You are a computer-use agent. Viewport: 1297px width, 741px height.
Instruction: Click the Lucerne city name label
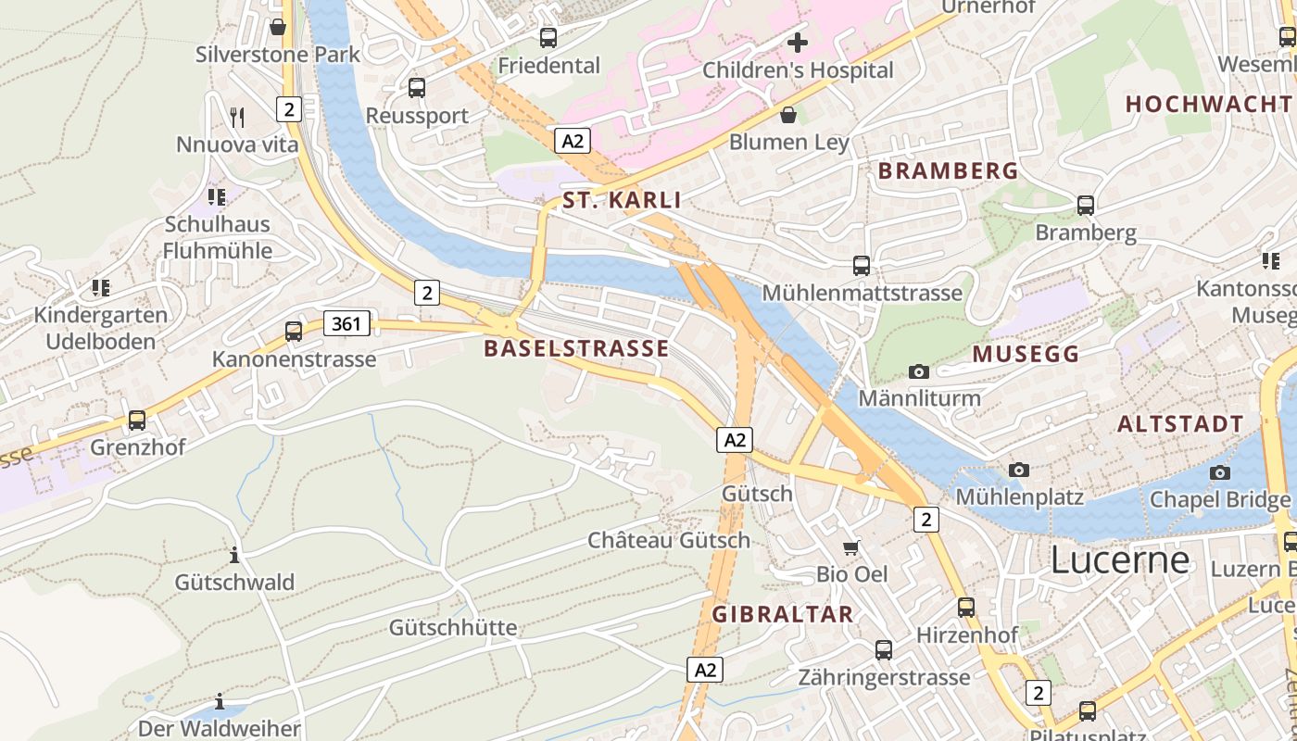pos(1119,560)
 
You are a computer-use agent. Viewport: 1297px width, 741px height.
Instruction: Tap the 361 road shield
pos(347,323)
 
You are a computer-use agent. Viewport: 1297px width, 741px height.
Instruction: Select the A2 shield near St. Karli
pos(573,141)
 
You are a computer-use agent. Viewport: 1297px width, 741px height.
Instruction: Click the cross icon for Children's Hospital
pos(797,42)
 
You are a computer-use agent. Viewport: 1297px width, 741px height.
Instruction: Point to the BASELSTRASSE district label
pos(575,348)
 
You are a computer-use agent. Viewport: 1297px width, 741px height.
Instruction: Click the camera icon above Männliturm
pos(918,371)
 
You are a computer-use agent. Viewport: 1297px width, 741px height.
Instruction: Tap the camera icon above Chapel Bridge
pos(1219,472)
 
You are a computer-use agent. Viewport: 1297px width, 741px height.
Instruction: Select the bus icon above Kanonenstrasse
pos(294,331)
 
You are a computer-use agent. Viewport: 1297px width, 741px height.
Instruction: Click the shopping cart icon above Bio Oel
pos(850,547)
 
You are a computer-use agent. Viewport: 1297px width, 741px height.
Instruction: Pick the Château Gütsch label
pos(669,540)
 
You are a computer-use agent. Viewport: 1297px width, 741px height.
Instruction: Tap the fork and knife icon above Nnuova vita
pos(237,117)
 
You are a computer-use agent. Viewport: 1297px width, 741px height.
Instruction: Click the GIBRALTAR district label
pos(782,614)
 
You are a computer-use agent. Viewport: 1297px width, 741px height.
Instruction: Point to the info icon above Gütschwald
pos(234,555)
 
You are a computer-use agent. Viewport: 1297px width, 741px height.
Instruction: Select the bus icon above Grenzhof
pos(137,420)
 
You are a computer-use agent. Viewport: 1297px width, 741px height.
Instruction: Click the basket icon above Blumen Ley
pos(788,115)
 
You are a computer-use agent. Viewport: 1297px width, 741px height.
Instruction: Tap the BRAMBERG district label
pos(948,170)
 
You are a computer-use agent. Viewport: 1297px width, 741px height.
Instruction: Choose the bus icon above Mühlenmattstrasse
pos(862,266)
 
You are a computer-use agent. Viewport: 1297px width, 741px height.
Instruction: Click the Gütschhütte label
pos(453,627)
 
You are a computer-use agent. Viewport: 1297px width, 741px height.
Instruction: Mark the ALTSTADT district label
pos(1179,424)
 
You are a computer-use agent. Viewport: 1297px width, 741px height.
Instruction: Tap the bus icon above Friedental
pos(548,38)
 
